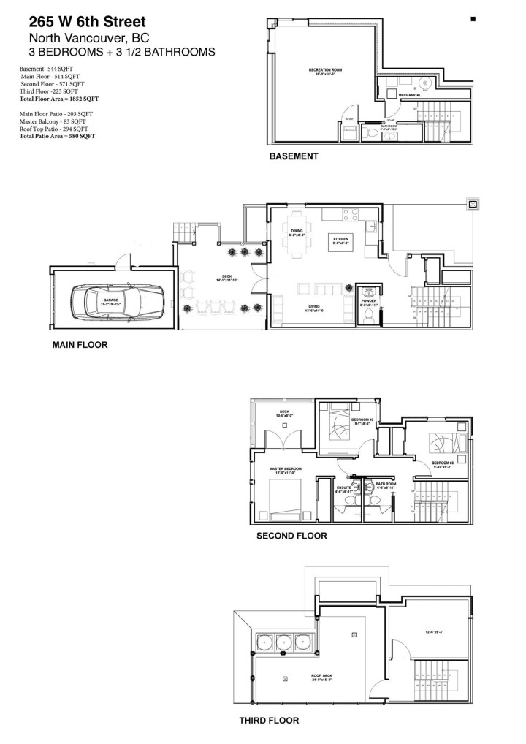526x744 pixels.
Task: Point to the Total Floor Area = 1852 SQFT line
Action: [59, 98]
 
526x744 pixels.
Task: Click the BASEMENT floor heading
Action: [294, 156]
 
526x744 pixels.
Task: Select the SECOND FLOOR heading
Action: [291, 535]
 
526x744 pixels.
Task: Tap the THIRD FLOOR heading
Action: [269, 720]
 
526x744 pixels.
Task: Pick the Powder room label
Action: [369, 300]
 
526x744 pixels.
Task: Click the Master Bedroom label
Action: [286, 469]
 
